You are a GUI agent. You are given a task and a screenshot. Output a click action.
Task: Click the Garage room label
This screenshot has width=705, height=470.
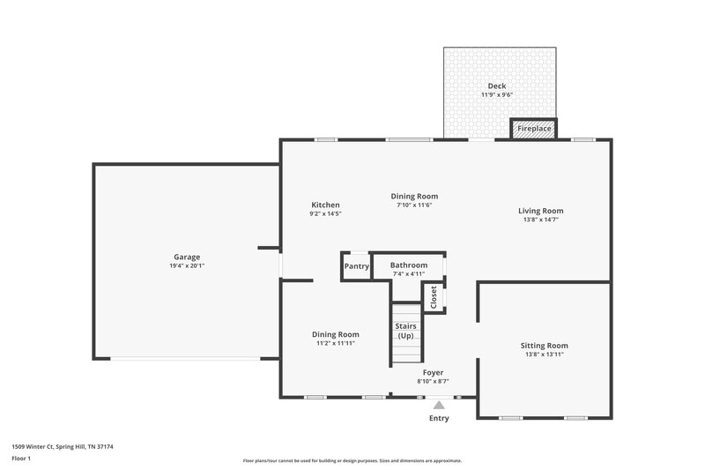186,257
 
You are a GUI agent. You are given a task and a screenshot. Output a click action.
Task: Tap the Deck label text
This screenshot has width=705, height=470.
497,86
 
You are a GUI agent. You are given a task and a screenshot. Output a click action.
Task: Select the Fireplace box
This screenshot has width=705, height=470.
534,129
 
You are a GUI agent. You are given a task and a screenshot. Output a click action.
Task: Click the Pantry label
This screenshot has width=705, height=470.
356,265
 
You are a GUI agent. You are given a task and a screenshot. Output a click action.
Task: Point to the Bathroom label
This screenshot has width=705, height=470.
409,265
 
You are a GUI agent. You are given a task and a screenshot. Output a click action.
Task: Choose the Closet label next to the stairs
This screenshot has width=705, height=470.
433,297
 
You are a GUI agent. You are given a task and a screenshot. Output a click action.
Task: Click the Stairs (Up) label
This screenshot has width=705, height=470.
405,331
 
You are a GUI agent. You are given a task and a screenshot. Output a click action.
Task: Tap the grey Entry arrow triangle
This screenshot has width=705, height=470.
439,404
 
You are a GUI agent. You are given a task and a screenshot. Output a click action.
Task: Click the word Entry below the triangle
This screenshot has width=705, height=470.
439,418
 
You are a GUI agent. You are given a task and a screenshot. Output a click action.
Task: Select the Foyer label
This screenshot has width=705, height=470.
433,372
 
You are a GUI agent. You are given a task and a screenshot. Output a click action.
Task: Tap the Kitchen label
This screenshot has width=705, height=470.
324,205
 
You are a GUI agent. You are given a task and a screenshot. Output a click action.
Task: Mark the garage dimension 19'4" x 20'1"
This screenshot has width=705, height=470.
187,266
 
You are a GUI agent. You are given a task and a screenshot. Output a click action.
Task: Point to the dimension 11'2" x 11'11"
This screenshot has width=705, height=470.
336,343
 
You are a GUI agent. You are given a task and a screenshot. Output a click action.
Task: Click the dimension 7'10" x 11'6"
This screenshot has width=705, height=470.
414,205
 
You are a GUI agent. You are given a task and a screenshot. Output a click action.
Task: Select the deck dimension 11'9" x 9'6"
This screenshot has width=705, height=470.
497,94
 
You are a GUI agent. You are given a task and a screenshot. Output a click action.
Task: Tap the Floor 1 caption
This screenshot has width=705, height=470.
21,459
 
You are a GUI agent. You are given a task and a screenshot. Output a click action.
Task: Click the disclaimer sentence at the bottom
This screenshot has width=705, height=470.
352,460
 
